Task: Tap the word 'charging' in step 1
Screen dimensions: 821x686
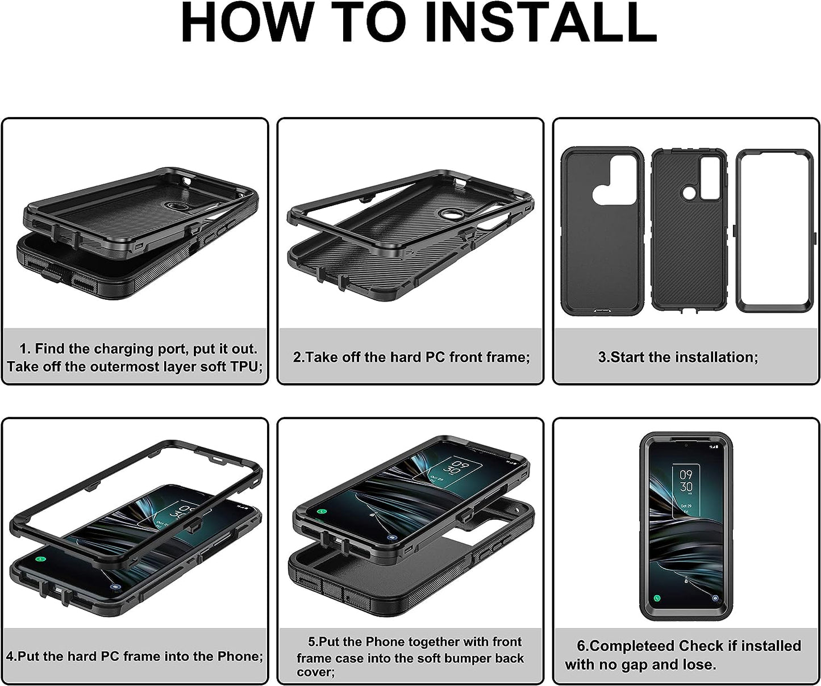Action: coord(124,349)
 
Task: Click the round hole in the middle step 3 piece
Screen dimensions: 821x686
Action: coord(688,193)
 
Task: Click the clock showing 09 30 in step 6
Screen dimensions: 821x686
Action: coord(686,481)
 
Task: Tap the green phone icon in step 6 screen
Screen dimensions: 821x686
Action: coord(657,598)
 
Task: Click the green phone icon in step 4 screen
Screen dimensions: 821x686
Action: coord(40,559)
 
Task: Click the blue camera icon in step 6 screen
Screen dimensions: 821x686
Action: coord(715,599)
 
